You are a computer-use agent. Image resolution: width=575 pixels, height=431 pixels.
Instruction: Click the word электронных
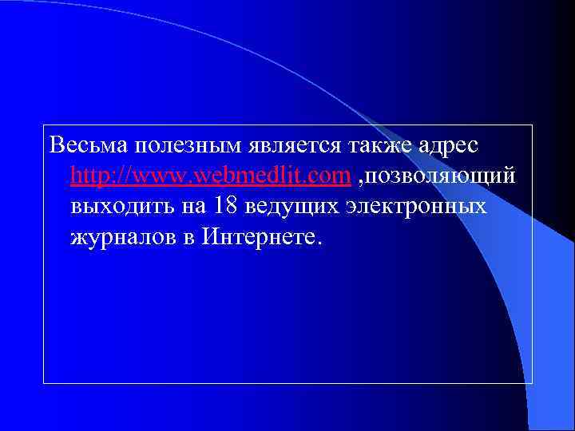[x=419, y=205]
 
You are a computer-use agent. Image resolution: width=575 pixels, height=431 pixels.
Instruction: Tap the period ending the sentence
[x=322, y=241]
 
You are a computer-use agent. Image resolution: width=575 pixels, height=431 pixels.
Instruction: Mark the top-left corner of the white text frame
[x=44, y=125]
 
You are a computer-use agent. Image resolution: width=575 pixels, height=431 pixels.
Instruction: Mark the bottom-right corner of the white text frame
[x=532, y=384]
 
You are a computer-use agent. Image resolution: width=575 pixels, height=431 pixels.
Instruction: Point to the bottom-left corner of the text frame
[x=44, y=384]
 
